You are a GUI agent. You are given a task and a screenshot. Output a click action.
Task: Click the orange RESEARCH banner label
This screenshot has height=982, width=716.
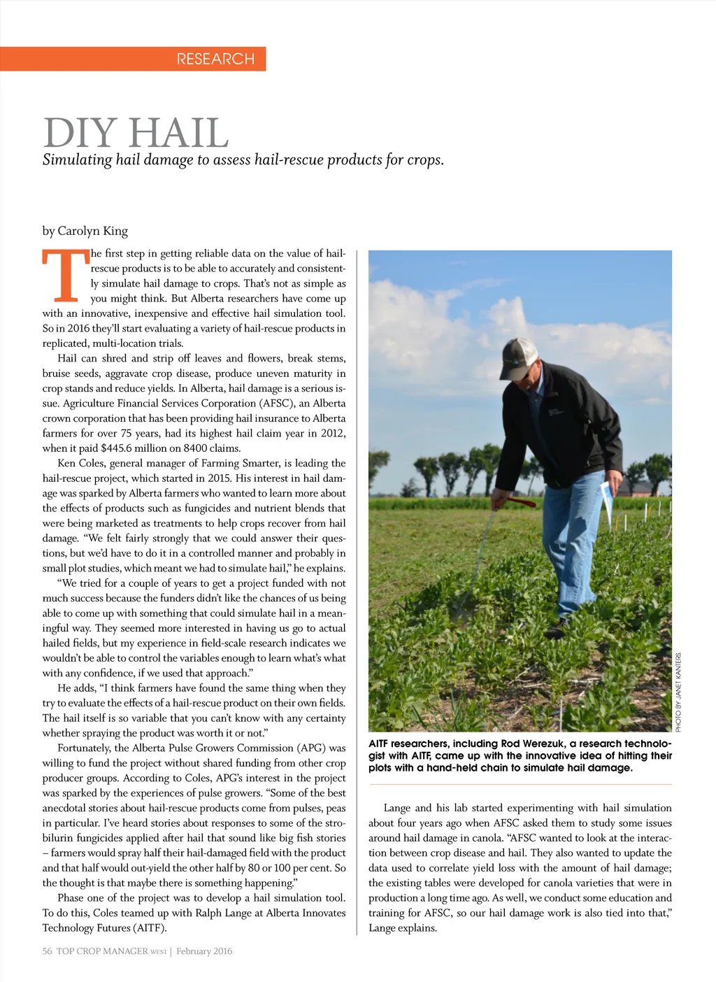click(215, 59)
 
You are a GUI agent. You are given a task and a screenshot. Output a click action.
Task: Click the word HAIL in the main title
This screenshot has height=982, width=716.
click(179, 133)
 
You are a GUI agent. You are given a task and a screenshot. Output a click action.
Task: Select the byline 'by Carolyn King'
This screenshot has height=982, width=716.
click(85, 231)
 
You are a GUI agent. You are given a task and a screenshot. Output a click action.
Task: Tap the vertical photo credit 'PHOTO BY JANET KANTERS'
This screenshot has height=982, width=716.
click(678, 692)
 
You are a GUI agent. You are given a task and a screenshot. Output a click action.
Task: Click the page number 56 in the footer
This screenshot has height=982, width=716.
click(47, 951)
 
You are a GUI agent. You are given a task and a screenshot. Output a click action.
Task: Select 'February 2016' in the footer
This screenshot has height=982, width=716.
click(204, 951)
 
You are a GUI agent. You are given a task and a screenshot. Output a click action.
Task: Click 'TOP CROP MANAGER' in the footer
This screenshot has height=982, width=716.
click(102, 951)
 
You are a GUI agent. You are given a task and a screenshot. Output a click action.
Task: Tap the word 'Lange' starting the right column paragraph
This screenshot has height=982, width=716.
click(397, 808)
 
